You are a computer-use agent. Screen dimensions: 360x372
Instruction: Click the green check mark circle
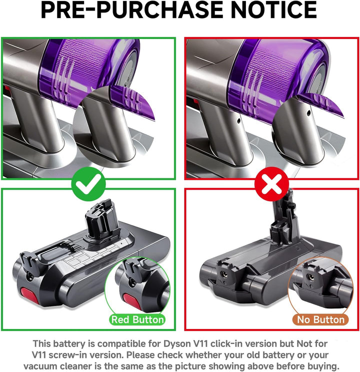pos(88,184)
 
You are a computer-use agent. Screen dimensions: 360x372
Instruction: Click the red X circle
pos(272,184)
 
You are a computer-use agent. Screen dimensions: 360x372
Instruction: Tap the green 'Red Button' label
pos(137,319)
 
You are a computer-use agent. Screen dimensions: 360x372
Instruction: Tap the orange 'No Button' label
pos(320,319)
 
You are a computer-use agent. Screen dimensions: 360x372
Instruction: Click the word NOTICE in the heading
pos(273,10)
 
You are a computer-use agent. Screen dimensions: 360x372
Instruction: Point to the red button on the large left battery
pos(29,296)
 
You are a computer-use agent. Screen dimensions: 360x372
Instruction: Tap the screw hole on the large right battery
pos(223,274)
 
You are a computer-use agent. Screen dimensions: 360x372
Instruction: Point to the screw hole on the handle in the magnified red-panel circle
pos(308,113)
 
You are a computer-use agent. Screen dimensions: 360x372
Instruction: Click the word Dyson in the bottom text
pos(177,343)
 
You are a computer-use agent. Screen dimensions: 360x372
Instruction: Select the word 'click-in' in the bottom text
pos(229,343)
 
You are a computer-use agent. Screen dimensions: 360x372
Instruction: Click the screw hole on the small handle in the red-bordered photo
pos(238,121)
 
